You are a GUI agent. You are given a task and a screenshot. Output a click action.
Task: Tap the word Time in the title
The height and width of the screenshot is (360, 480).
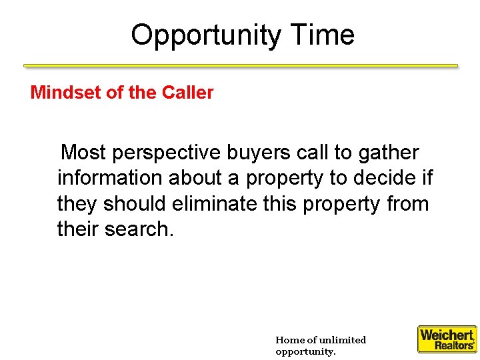tap(322, 35)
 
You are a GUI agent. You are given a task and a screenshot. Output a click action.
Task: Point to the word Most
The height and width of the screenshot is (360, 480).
tap(84, 153)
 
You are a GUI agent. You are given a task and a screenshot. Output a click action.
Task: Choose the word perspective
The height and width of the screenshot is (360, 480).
tap(167, 153)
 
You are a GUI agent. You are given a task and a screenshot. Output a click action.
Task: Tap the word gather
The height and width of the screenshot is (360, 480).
tap(388, 153)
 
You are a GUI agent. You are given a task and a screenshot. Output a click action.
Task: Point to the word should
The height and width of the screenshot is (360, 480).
tap(134, 203)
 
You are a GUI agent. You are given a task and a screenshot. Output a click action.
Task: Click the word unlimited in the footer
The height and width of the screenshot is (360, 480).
tap(342, 340)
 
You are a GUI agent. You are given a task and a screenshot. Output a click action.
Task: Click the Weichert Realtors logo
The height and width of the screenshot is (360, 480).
tap(447, 339)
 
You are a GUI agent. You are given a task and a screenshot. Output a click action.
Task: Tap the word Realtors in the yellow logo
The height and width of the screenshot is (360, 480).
tap(455, 345)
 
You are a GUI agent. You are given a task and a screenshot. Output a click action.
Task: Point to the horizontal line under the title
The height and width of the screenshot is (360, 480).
tap(241, 66)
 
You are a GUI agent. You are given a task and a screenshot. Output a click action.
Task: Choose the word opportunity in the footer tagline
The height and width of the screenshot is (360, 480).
tap(305, 351)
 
